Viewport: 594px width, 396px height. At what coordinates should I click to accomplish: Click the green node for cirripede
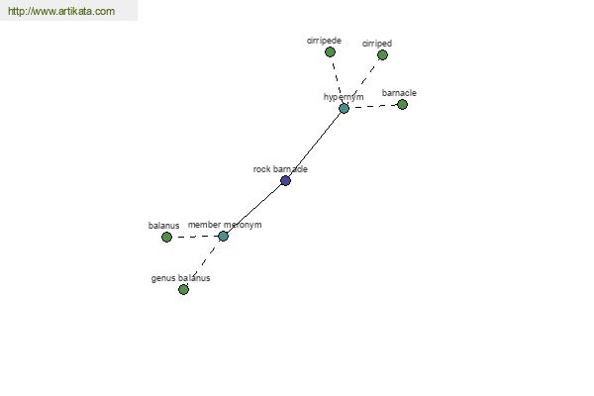pos(330,51)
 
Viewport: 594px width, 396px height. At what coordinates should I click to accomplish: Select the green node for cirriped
pos(382,55)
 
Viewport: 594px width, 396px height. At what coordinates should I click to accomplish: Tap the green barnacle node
pos(402,104)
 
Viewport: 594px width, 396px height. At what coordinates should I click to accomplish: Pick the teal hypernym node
pos(344,108)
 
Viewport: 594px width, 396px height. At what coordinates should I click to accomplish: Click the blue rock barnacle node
pos(286,180)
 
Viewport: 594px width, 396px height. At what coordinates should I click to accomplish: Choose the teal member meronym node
pos(223,236)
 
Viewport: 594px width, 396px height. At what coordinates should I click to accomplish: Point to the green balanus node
pos(166,237)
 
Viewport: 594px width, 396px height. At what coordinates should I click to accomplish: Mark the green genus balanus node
pos(183,289)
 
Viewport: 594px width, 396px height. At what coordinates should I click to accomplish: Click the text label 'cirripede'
pos(324,41)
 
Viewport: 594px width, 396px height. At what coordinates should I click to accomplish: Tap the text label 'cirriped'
pos(377,44)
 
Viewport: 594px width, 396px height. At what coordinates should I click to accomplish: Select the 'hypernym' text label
pos(344,97)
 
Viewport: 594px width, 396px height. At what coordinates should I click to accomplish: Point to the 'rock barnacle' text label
pos(280,169)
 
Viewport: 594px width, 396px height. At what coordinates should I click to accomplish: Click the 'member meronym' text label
pos(225,225)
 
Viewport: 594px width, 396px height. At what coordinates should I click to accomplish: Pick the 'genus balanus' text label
pos(181,278)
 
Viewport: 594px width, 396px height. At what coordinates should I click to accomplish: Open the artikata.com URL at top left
pos(61,11)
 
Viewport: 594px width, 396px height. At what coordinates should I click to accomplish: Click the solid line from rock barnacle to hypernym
pos(315,145)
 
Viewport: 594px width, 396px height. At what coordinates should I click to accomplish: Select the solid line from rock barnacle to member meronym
pos(254,209)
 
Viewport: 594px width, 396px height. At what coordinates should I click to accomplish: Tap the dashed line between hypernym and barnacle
pos(373,107)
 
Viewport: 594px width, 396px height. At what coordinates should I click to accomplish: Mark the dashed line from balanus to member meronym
pos(195,237)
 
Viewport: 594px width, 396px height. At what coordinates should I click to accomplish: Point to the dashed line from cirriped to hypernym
pos(363,82)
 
